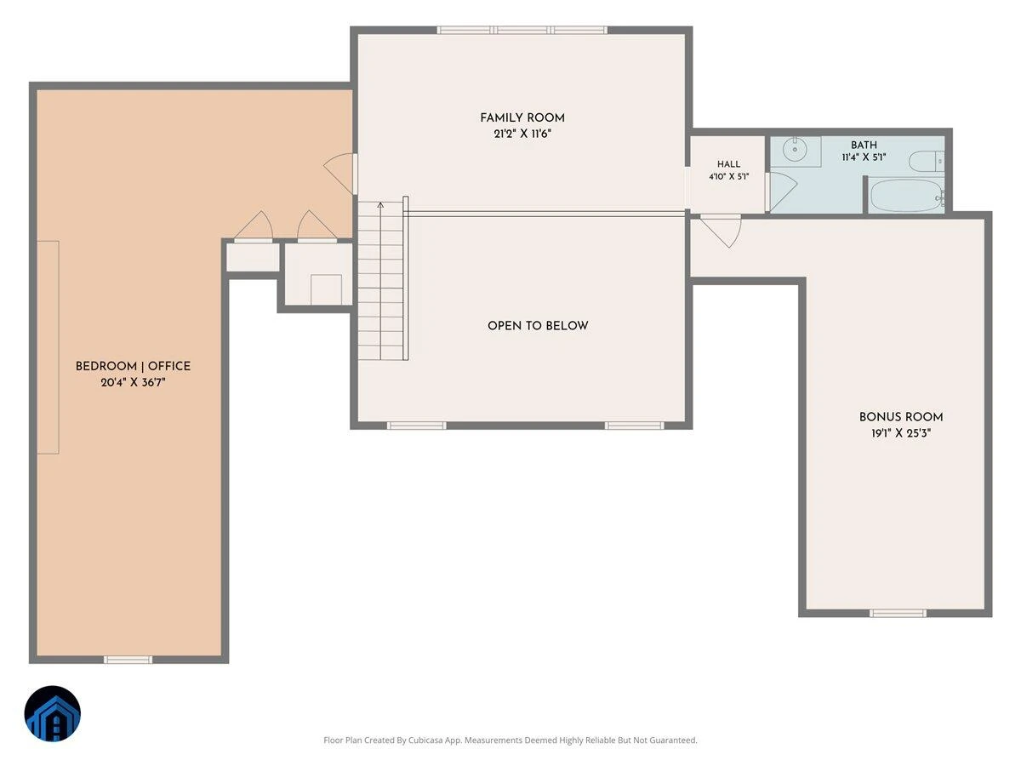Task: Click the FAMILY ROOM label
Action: pyautogui.click(x=522, y=118)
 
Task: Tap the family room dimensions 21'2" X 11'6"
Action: pyautogui.click(x=522, y=134)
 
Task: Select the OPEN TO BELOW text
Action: pyautogui.click(x=538, y=326)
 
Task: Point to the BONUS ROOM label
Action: pyautogui.click(x=901, y=417)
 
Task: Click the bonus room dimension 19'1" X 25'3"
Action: pyautogui.click(x=901, y=433)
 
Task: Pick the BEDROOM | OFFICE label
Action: pyautogui.click(x=133, y=366)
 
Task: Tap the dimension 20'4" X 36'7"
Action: pyautogui.click(x=133, y=382)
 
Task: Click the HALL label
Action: pyautogui.click(x=728, y=164)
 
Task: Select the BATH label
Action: pyautogui.click(x=864, y=145)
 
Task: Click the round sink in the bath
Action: pyautogui.click(x=795, y=149)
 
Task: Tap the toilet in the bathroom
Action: pyautogui.click(x=926, y=161)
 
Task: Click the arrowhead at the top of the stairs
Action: pyautogui.click(x=380, y=203)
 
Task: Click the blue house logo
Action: pyautogui.click(x=53, y=713)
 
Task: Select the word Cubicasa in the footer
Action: pyautogui.click(x=425, y=740)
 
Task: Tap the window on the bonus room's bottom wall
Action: pyautogui.click(x=898, y=614)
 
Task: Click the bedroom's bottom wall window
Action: pyautogui.click(x=128, y=660)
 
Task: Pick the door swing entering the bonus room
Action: pyautogui.click(x=722, y=230)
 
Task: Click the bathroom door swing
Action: pyautogui.click(x=783, y=191)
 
